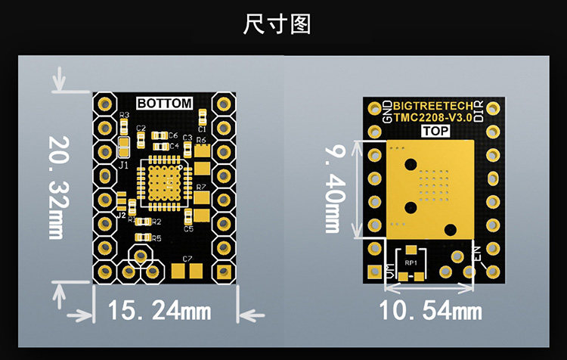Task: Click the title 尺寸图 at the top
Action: point(277,24)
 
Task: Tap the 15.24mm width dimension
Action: point(159,309)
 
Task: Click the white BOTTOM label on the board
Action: point(164,104)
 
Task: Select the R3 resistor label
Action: point(124,114)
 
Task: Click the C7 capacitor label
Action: point(187,259)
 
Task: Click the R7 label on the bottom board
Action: point(200,186)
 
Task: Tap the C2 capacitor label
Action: point(141,129)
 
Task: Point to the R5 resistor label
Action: point(156,238)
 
